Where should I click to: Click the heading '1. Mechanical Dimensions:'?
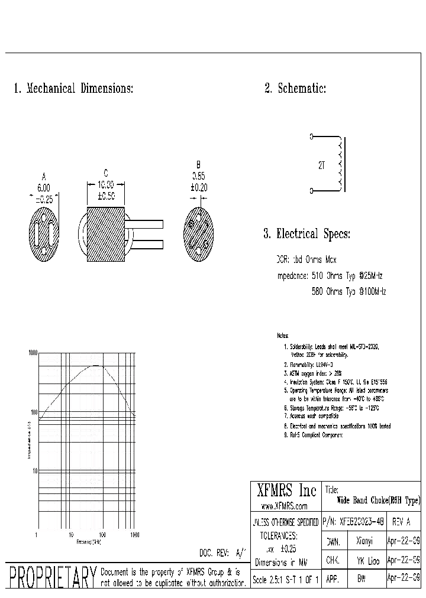73,89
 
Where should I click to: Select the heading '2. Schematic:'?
295,89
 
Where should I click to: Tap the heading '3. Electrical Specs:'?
306,234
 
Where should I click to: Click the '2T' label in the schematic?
321,166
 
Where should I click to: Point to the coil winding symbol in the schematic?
339,165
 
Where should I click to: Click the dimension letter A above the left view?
44,176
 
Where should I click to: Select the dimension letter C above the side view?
106,173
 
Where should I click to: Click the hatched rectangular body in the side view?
106,234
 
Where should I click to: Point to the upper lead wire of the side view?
144,224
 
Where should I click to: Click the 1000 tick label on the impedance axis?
33,353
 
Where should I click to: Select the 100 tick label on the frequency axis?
102,535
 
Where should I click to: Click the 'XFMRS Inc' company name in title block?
286,491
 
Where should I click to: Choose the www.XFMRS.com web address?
285,506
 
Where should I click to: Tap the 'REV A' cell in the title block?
401,522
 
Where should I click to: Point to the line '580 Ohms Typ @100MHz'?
348,291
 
